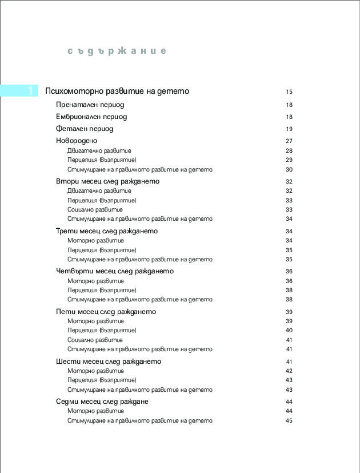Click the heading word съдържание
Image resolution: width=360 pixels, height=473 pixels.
(117, 51)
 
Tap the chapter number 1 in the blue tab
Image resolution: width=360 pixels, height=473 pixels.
(30, 91)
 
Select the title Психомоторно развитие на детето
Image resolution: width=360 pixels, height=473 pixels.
(117, 91)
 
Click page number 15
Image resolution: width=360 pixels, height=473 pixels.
(289, 92)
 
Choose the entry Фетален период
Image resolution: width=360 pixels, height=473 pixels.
(85, 129)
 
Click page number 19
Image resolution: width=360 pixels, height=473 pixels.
(289, 129)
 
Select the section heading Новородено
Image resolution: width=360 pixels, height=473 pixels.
(77, 141)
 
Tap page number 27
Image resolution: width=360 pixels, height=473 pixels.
(289, 141)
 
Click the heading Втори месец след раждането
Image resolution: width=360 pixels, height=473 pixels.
(107, 181)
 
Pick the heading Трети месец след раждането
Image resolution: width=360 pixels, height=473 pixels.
(107, 231)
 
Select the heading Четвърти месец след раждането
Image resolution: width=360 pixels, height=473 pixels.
(114, 271)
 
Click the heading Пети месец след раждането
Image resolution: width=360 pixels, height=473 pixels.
(106, 312)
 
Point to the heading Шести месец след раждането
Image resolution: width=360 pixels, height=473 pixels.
(109, 361)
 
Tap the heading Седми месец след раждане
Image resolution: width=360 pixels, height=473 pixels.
(102, 402)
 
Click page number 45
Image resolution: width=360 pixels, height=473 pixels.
(289, 420)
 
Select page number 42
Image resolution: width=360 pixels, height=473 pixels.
(289, 371)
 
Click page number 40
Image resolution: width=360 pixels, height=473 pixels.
(289, 330)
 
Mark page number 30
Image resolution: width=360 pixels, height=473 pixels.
(289, 169)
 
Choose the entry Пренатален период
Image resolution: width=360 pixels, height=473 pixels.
(90, 105)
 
